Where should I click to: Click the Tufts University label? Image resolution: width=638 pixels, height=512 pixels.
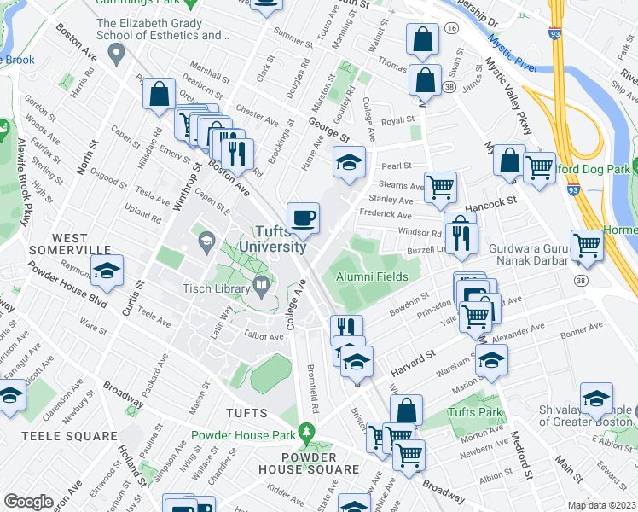click(x=280, y=239)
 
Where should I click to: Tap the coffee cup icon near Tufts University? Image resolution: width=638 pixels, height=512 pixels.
click(x=303, y=218)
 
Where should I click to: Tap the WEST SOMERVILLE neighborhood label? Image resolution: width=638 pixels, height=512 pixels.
click(x=69, y=243)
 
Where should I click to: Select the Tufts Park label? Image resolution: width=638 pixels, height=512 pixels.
click(x=474, y=412)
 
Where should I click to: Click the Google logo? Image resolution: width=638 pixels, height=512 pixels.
click(x=28, y=502)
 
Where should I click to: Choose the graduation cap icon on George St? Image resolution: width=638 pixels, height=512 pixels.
click(x=349, y=163)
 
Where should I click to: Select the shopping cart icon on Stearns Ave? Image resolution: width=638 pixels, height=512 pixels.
click(x=440, y=187)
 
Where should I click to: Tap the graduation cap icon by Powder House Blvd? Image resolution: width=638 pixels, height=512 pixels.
click(x=107, y=271)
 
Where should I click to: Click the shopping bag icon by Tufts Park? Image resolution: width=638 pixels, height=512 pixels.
click(x=408, y=410)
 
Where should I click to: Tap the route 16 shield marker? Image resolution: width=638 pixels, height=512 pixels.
click(x=452, y=28)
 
